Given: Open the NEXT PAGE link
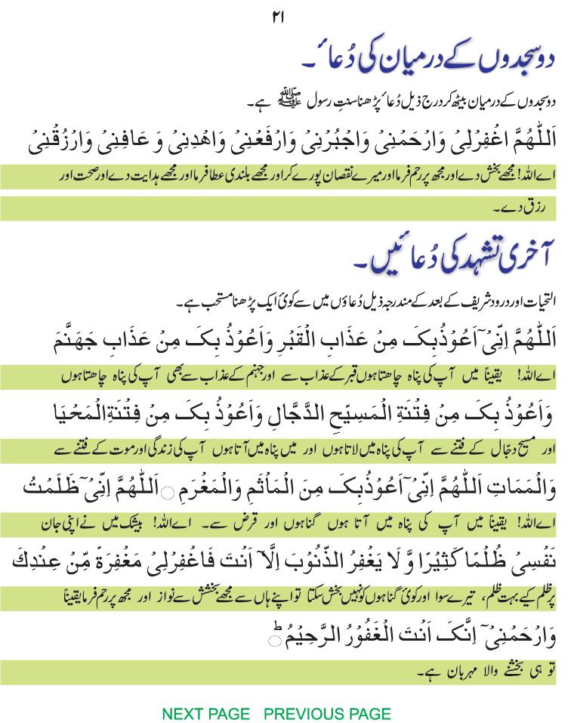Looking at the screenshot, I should pyautogui.click(x=205, y=713).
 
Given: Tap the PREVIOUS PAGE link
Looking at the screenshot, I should pyautogui.click(x=328, y=713).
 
